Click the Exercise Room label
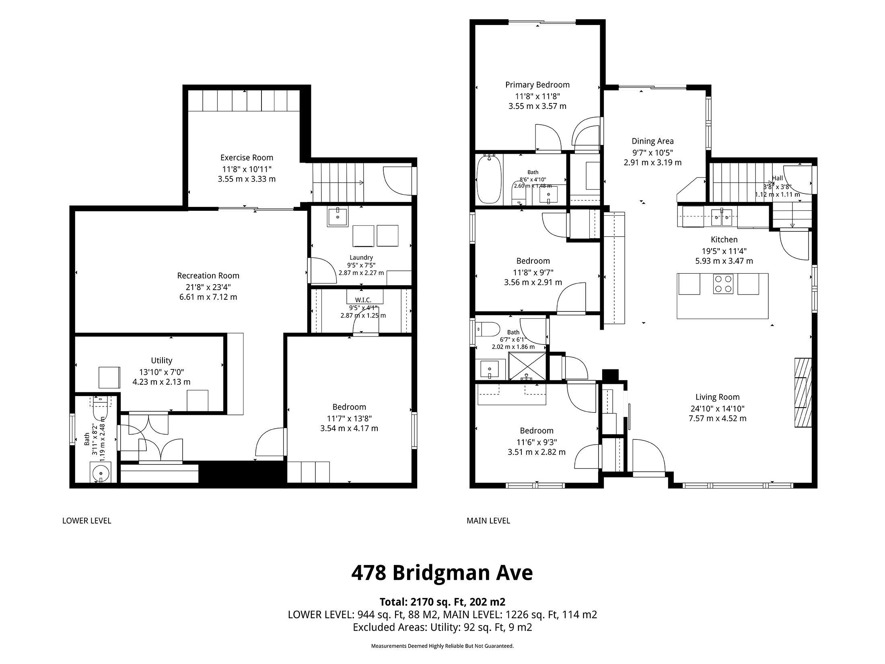247,158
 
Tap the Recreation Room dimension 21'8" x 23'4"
208,287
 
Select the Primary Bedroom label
537,85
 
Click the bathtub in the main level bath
489,179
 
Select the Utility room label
162,361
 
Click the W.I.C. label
363,300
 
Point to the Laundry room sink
337,217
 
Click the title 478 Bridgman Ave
442,573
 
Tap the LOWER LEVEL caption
86,521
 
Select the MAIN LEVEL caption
488,521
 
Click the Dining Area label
652,141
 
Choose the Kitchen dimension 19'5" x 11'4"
724,251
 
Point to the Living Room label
718,397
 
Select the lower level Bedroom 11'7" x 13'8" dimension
349,419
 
